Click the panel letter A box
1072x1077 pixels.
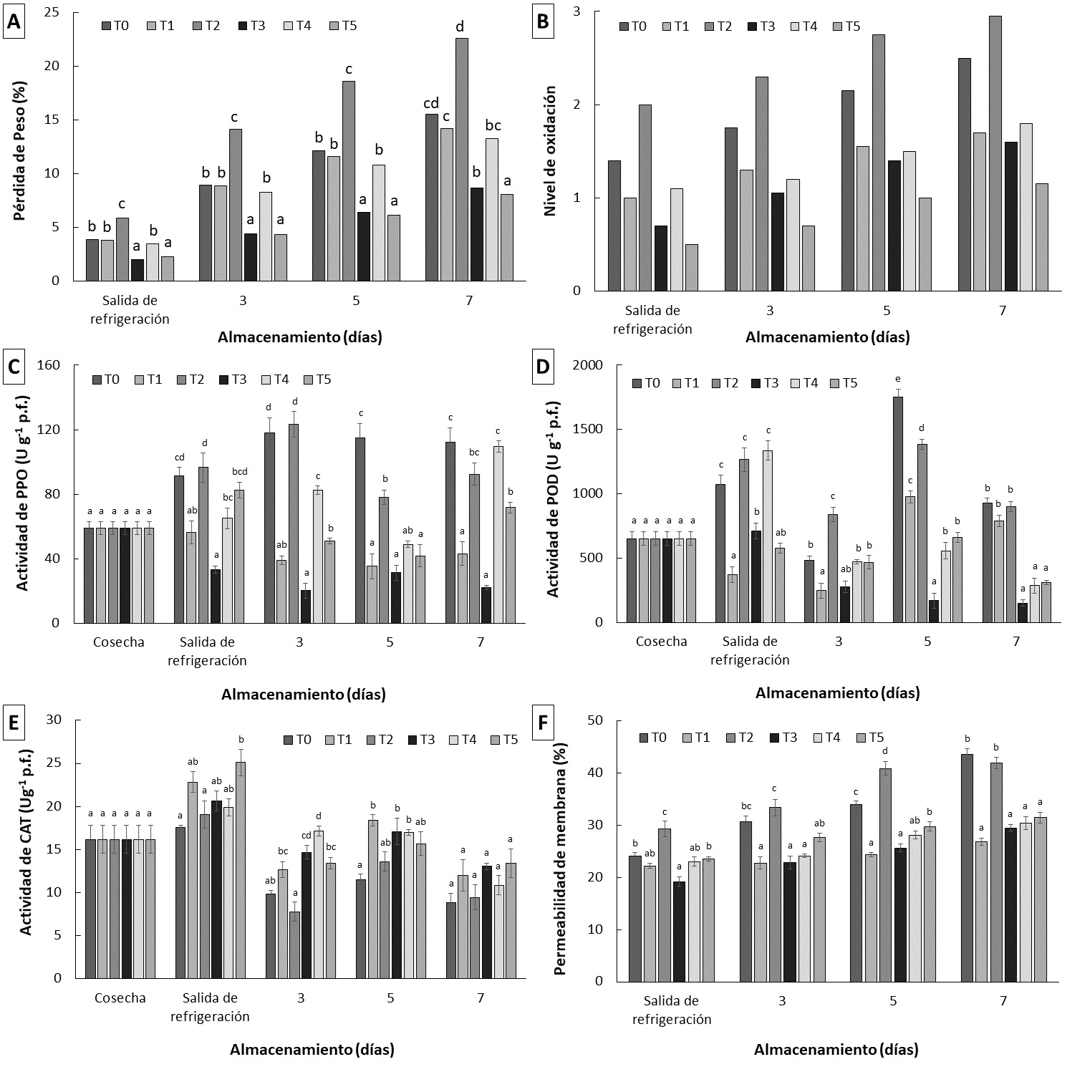click(14, 22)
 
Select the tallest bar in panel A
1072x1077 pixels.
click(462, 159)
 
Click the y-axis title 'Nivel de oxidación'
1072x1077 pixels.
click(550, 151)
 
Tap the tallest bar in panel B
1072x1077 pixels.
click(995, 153)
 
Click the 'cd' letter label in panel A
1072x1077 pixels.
click(431, 102)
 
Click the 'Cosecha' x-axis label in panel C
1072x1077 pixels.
click(118, 642)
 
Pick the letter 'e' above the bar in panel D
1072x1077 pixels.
click(897, 380)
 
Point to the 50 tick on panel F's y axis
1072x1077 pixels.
click(595, 720)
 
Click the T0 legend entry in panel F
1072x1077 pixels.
click(652, 738)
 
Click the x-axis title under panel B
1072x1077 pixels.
click(827, 337)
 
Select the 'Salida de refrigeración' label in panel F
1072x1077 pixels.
click(671, 1010)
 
